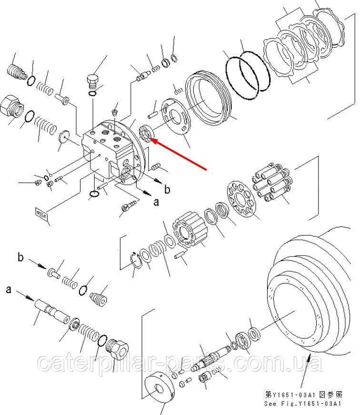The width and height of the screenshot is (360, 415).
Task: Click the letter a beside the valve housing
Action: coord(157,202)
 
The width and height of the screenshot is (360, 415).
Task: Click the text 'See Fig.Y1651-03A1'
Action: coord(303,404)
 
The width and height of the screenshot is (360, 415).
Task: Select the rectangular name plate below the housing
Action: coord(41,214)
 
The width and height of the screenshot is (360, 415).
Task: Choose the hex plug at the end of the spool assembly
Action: coord(117,349)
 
